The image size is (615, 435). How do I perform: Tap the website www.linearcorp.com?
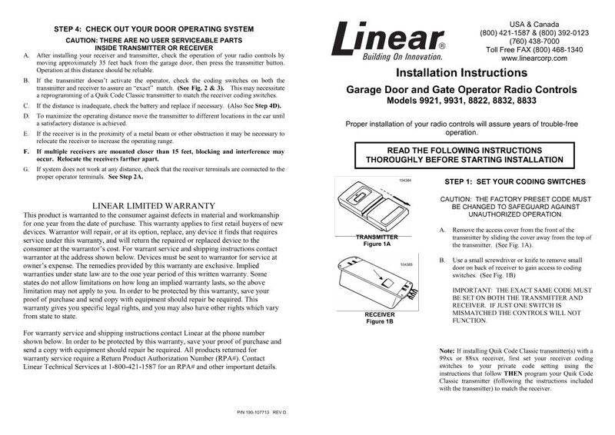[x=534, y=58]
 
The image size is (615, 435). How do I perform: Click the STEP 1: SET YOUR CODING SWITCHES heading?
[x=516, y=181]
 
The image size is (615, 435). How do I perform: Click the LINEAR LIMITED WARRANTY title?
[x=153, y=205]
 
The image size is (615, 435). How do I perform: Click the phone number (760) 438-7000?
[x=534, y=40]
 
